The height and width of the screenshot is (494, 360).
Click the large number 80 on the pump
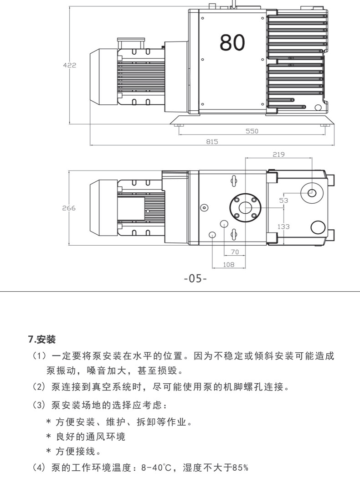click(232, 42)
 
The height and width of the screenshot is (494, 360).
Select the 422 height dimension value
click(69, 65)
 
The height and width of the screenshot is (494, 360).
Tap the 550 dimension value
click(252, 131)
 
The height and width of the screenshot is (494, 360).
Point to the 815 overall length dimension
click(212, 141)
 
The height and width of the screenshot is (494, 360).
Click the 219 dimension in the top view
click(278, 154)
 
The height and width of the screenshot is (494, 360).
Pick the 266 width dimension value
click(69, 208)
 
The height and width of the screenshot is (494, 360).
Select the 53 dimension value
click(283, 201)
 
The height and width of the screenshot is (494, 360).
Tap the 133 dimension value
click(283, 226)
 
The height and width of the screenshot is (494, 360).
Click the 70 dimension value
click(235, 252)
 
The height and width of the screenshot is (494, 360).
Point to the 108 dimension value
click(228, 264)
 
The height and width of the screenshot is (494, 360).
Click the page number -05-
click(195, 278)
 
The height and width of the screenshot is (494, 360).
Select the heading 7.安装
click(42, 340)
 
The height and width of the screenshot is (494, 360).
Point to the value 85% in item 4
click(240, 468)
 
